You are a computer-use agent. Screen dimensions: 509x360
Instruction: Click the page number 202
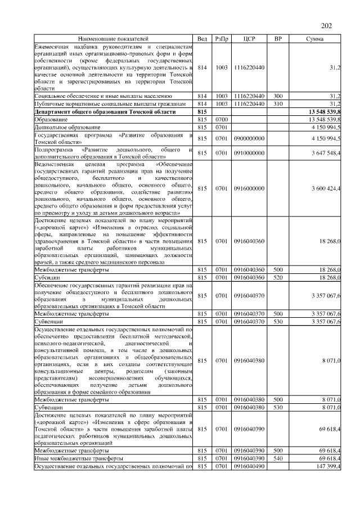(327, 25)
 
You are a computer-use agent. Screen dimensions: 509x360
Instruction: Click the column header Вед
(202, 39)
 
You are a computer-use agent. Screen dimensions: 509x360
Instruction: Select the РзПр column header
(222, 39)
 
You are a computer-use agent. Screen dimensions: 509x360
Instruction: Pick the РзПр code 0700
(222, 120)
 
